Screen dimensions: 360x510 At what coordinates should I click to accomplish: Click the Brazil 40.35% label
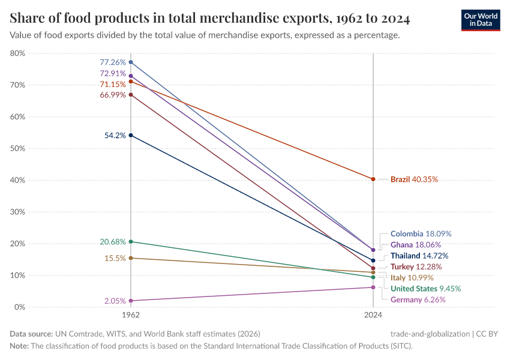point(414,179)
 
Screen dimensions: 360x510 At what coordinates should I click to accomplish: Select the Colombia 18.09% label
point(421,233)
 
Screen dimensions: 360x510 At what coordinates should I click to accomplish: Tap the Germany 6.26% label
point(418,299)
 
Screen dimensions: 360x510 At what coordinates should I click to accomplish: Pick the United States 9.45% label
point(425,289)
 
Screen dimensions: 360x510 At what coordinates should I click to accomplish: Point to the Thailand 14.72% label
point(419,256)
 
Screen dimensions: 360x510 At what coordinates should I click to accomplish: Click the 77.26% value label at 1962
point(113,62)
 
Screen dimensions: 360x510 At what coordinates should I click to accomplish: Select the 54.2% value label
point(115,136)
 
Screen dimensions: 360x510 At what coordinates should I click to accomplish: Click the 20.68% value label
point(113,242)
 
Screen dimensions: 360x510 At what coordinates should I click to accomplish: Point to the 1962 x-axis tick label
point(131,314)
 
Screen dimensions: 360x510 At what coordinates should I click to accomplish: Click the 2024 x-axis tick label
point(373,314)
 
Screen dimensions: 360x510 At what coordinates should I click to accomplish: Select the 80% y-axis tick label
point(17,53)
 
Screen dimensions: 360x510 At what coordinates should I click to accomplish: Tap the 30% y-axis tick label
point(17,212)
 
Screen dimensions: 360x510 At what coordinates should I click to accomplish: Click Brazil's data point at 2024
point(373,179)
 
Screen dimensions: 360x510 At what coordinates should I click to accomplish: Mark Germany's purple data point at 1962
point(131,301)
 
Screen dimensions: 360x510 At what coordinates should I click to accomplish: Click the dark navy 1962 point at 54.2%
point(131,135)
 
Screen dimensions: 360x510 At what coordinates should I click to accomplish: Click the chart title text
point(210,19)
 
